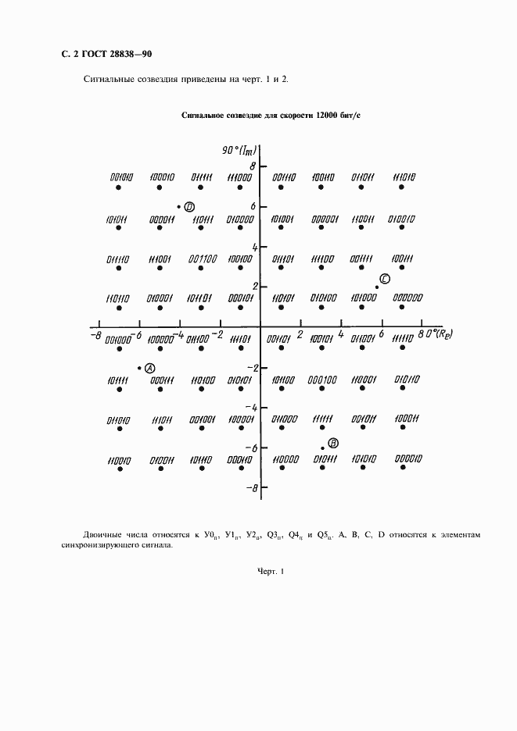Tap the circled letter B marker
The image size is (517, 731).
332,443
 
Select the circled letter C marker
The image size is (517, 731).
384,280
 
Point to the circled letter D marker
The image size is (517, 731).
189,207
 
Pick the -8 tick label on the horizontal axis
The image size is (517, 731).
95,334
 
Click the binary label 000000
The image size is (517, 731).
407,298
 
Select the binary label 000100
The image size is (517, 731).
322,380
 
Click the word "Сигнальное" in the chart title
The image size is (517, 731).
204,115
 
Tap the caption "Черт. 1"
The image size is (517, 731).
273,572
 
